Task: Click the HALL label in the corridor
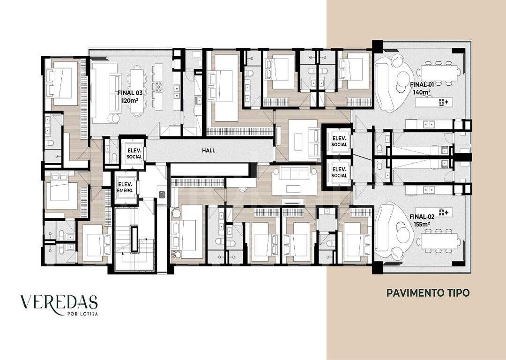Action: pos(208,150)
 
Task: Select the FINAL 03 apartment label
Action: pos(130,93)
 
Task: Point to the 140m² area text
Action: pos(422,92)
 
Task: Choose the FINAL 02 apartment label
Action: pos(422,217)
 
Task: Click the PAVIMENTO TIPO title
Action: pos(428,293)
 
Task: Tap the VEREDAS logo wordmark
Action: pos(59,302)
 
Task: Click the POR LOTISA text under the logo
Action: pos(82,314)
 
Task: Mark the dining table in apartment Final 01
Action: pos(439,73)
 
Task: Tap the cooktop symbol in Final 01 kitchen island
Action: pos(444,102)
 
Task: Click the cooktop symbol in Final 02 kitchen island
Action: pos(444,212)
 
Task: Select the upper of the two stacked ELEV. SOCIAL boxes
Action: pos(339,141)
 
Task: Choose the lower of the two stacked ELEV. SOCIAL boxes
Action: pos(339,172)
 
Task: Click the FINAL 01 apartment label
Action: pos(422,84)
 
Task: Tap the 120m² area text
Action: pos(130,100)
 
